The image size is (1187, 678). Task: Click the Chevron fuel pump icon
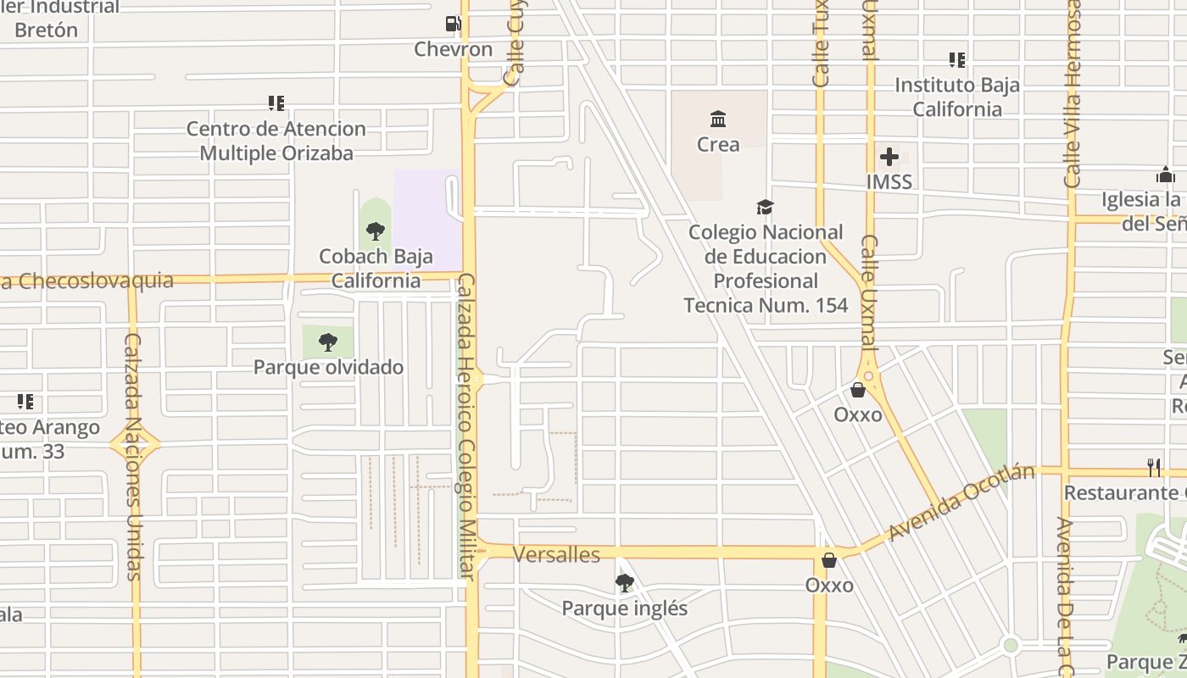pyautogui.click(x=454, y=24)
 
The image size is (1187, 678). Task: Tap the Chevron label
pyautogui.click(x=453, y=49)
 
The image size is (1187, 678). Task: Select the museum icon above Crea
pyautogui.click(x=718, y=119)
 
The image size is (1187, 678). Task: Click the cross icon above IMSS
pyautogui.click(x=889, y=157)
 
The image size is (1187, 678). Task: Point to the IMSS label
pyautogui.click(x=889, y=181)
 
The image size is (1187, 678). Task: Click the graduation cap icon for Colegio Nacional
pyautogui.click(x=765, y=207)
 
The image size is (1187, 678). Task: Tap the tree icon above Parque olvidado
pyautogui.click(x=328, y=342)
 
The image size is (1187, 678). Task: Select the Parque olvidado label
pyautogui.click(x=328, y=367)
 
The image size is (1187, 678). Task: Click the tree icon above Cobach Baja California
pyautogui.click(x=376, y=231)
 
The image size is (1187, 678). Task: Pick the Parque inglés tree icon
pyautogui.click(x=625, y=583)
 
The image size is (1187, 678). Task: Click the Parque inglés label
pyautogui.click(x=625, y=609)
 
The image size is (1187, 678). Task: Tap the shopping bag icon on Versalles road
pyautogui.click(x=829, y=560)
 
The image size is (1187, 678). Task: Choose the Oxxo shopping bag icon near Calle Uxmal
pyautogui.click(x=858, y=390)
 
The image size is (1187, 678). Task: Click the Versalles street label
pyautogui.click(x=557, y=554)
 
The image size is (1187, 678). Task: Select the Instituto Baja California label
pyautogui.click(x=957, y=97)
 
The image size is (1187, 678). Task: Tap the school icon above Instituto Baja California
pyautogui.click(x=957, y=59)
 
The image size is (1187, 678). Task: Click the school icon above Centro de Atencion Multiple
pyautogui.click(x=276, y=103)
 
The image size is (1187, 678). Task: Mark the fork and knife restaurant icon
pyautogui.click(x=1154, y=467)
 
